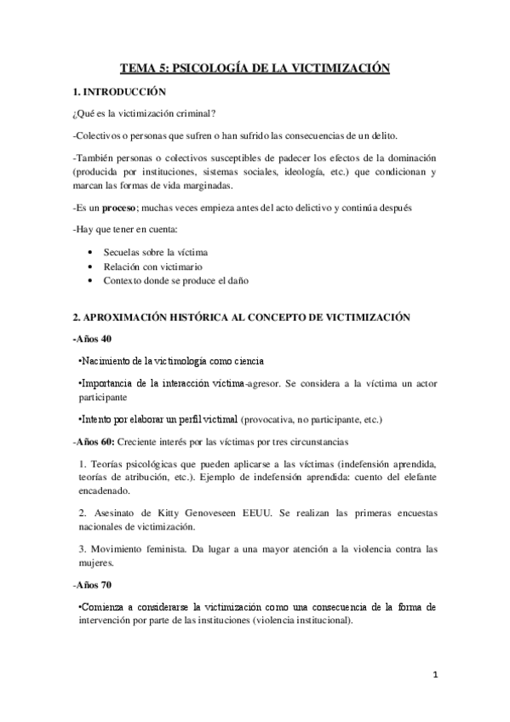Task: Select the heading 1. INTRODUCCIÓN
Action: [x=120, y=91]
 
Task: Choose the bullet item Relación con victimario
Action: [x=146, y=266]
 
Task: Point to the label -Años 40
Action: [x=95, y=339]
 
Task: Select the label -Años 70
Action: [x=95, y=586]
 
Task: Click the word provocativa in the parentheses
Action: [x=272, y=420]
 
